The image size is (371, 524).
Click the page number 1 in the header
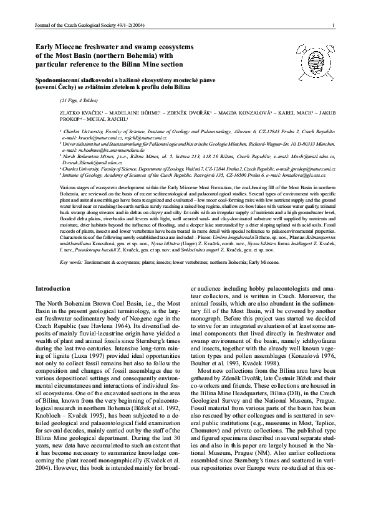335,26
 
